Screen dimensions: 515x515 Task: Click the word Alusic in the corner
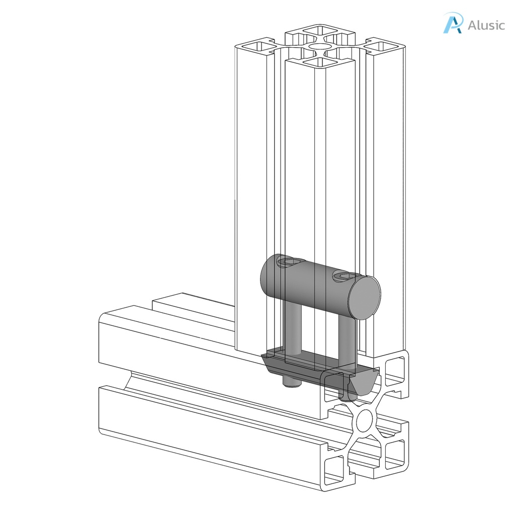(x=486, y=25)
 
